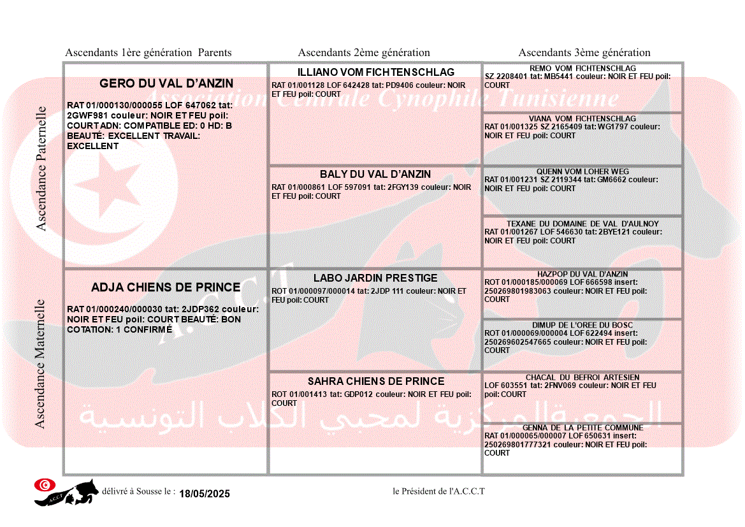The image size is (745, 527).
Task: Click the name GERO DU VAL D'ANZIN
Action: (x=166, y=83)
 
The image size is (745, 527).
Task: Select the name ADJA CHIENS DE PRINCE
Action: (x=166, y=287)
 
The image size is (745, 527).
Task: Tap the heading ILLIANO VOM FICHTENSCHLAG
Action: (x=376, y=72)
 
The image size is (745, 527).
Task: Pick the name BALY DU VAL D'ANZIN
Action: (x=375, y=174)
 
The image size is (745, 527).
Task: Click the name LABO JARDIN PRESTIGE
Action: (x=375, y=278)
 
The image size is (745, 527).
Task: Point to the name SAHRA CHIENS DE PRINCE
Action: (x=376, y=381)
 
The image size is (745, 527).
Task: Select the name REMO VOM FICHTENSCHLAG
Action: (x=582, y=68)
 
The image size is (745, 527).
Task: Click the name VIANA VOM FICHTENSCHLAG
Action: (x=582, y=119)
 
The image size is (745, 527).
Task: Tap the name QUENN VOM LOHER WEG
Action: (x=582, y=171)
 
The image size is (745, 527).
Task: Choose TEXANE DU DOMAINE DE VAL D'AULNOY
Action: (x=582, y=224)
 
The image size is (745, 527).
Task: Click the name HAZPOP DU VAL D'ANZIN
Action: (x=582, y=274)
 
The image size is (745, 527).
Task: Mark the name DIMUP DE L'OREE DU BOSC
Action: (x=582, y=325)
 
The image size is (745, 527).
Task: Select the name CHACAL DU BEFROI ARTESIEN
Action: (x=582, y=377)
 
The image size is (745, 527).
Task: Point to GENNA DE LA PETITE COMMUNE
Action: (x=582, y=428)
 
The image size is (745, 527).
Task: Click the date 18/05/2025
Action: (x=205, y=494)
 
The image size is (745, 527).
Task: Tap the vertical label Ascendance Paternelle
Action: (x=41, y=169)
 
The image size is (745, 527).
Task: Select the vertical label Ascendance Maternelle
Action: (x=40, y=364)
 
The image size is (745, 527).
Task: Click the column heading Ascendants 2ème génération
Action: (x=364, y=53)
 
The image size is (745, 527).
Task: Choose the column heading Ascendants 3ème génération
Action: (x=584, y=53)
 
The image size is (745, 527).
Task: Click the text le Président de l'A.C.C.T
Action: (x=438, y=491)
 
